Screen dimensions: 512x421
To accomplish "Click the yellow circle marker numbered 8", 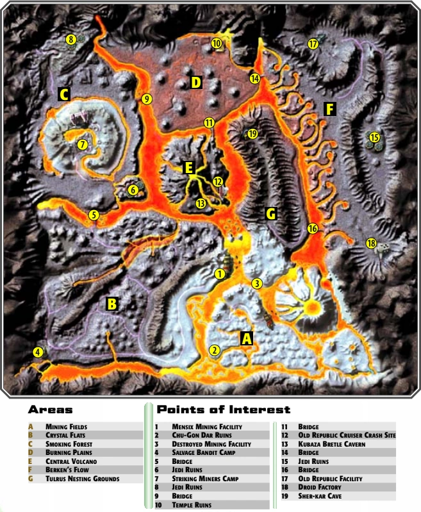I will tap(71, 40).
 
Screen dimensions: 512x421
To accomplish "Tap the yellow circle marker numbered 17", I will tap(313, 44).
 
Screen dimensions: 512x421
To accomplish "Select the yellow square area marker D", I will tap(196, 82).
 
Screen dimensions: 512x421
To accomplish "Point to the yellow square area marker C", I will tap(63, 95).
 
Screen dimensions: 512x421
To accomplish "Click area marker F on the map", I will tap(329, 109).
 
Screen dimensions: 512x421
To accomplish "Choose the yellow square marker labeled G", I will tap(271, 214).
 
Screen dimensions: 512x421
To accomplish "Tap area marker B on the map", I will tap(111, 304).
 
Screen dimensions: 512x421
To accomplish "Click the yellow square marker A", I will tap(245, 338).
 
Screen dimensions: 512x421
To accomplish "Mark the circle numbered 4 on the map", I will tap(38, 352).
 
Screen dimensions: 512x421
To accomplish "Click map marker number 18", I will tap(371, 243).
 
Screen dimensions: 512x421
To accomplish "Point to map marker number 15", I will tap(374, 137).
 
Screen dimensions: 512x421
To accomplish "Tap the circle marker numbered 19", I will tap(252, 134).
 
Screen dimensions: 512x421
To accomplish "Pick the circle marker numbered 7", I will tap(82, 145).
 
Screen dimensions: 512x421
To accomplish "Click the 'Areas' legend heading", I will tap(50, 409).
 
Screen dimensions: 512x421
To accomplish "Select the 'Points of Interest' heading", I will tap(224, 409).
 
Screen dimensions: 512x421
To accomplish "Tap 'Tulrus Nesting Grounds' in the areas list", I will tap(82, 479).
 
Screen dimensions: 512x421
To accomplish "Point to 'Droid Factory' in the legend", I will tap(320, 488).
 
